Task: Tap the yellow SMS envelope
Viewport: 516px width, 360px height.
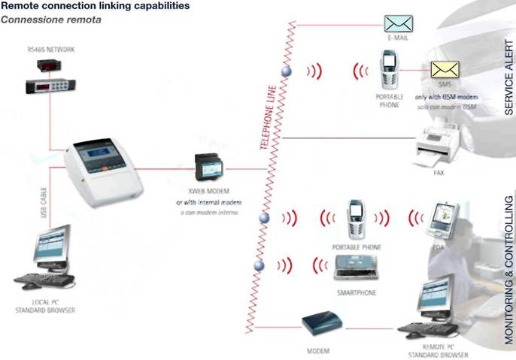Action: tap(443, 70)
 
